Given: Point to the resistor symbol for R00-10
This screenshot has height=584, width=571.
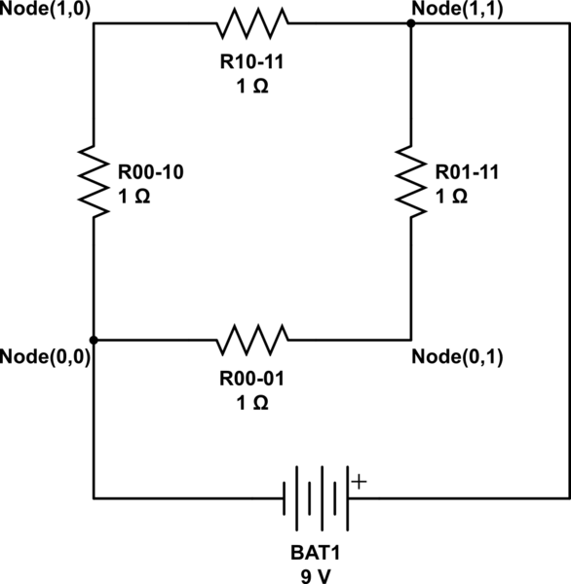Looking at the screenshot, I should (94, 182).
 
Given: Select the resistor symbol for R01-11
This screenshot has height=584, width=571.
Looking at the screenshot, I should (410, 182).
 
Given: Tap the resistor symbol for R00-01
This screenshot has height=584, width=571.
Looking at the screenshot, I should (252, 340).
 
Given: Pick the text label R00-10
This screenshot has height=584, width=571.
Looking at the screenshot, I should (151, 172).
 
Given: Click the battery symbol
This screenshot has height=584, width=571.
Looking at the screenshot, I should (316, 498).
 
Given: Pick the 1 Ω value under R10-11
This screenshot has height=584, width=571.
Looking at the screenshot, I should (252, 88).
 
